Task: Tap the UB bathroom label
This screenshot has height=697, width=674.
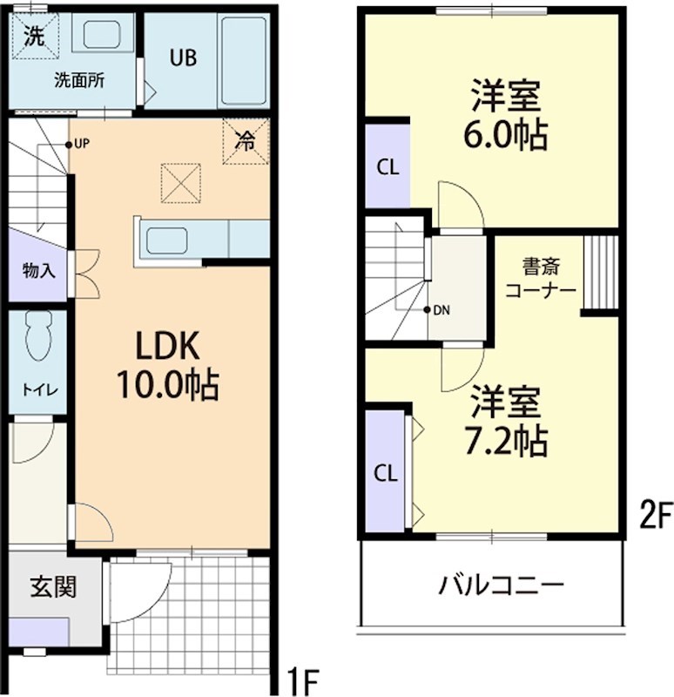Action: coord(183,58)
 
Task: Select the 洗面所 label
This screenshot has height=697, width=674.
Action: coord(79,81)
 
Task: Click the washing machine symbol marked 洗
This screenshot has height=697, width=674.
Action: coord(34,37)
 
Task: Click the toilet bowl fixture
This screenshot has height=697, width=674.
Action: coord(38,335)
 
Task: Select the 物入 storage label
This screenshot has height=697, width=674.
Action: coord(38,270)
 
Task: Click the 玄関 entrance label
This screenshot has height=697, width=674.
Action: coord(53,586)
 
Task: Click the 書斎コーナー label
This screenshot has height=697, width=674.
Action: coord(540,277)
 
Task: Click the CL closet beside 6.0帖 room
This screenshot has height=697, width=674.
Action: coord(388,167)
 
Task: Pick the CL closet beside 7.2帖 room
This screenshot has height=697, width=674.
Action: coord(386,473)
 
